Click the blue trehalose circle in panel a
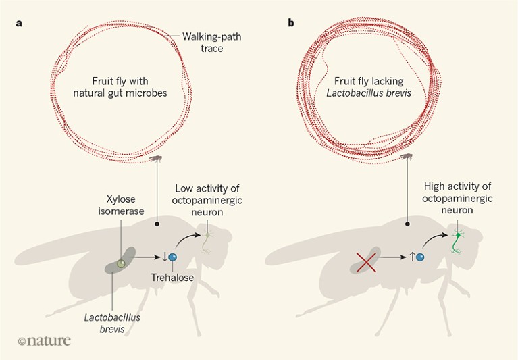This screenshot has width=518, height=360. point(172,257)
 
